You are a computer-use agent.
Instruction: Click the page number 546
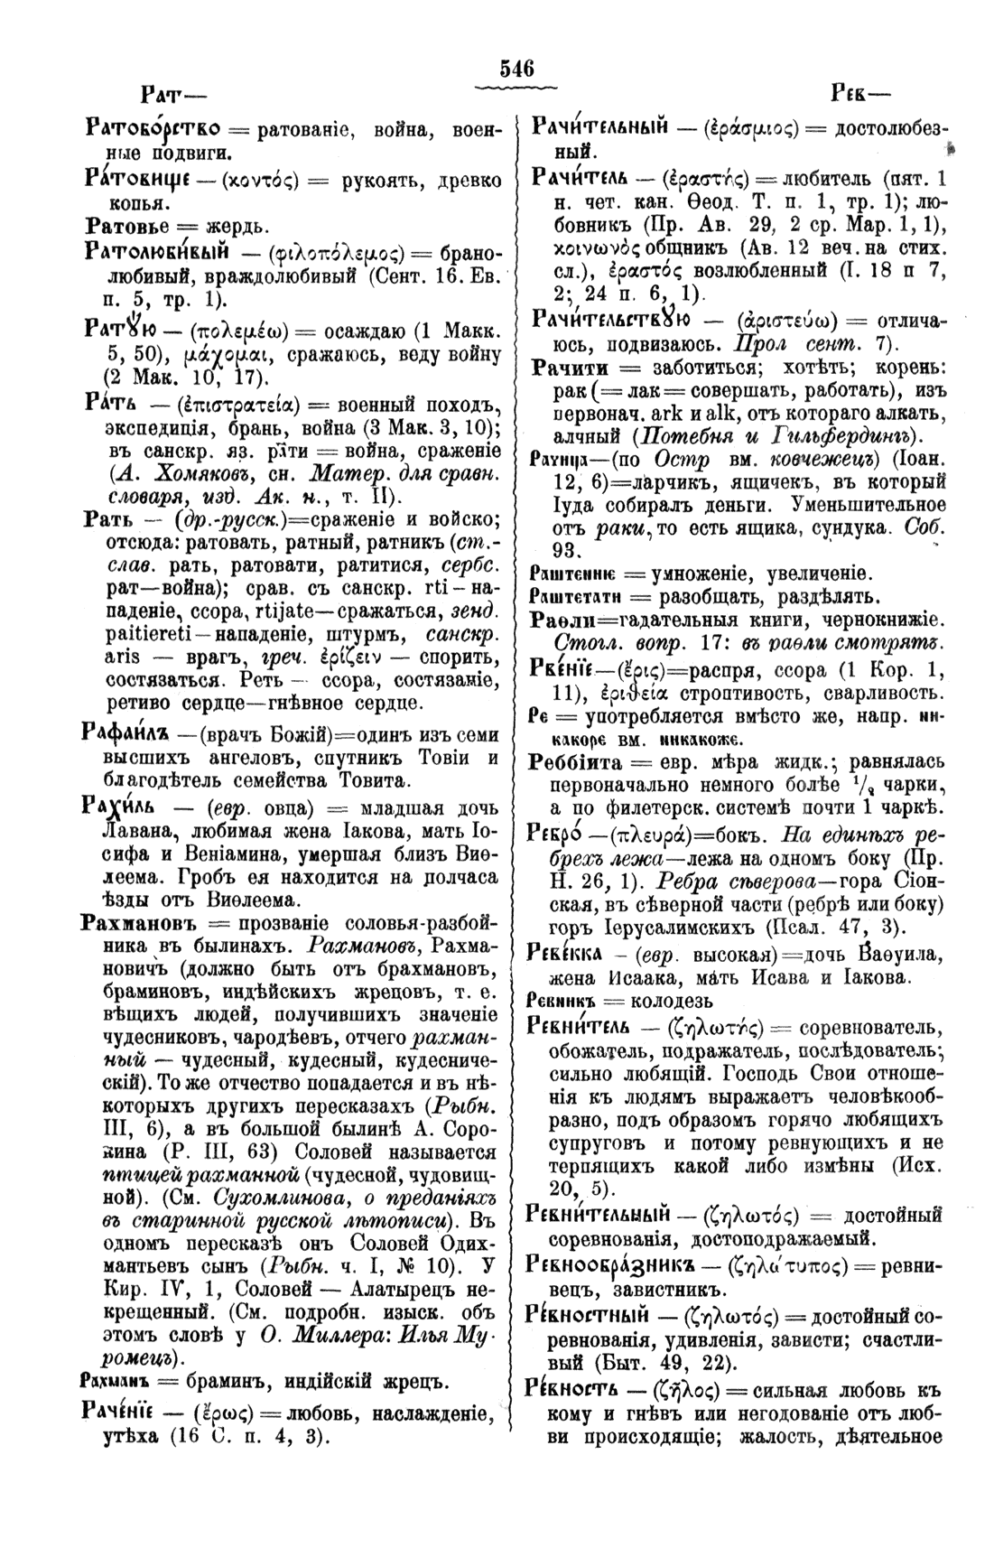point(517,69)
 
